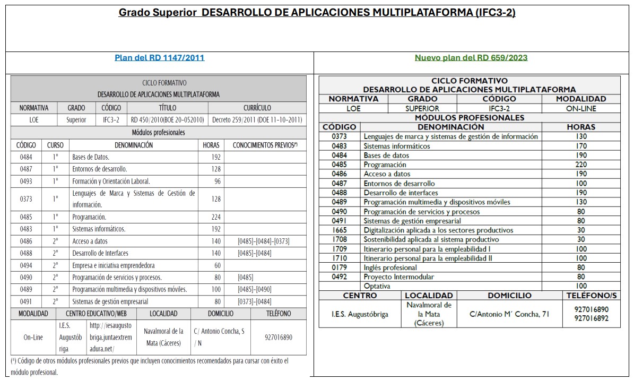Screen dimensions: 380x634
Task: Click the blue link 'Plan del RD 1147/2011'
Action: [159, 58]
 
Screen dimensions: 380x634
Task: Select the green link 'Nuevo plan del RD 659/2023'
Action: [471, 58]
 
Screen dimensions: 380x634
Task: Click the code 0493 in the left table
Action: [26, 181]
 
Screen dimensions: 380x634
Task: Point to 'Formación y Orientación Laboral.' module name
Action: [111, 181]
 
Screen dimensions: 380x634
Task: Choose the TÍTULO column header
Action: [168, 108]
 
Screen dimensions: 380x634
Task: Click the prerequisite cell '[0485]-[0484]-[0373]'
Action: [264, 241]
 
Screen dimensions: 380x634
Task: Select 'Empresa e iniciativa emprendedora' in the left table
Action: [114, 265]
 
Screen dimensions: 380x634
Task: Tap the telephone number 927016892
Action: [591, 318]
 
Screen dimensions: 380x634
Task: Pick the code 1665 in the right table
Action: [340, 230]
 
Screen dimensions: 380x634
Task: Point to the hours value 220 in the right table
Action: [581, 165]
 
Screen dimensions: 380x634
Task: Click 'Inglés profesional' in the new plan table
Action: [390, 267]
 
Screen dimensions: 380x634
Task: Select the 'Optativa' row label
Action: [377, 286]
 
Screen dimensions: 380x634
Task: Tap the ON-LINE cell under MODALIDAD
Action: [581, 108]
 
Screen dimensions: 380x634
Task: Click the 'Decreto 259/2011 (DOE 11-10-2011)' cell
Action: [257, 120]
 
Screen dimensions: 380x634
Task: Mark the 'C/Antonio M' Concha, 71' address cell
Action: [509, 314]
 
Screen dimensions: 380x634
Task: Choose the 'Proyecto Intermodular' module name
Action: [398, 277]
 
